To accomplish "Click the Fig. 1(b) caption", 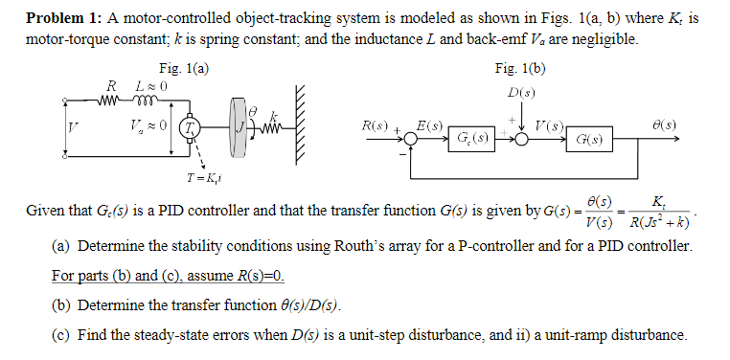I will [x=519, y=69].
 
